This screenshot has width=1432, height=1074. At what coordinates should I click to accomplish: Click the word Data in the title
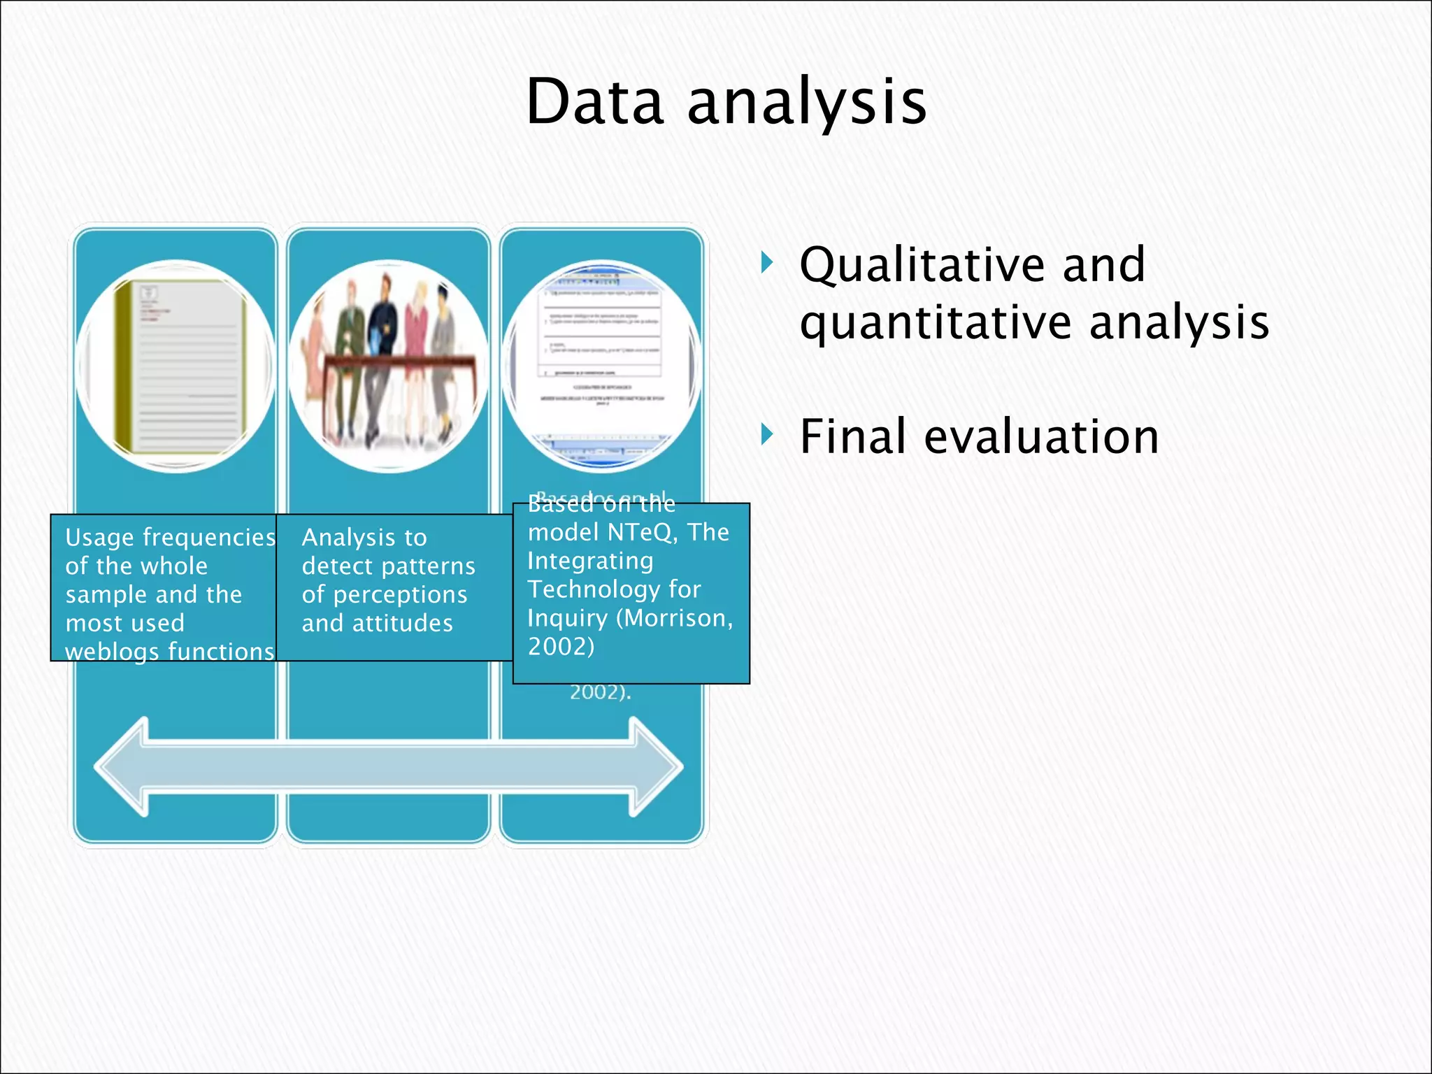click(x=594, y=102)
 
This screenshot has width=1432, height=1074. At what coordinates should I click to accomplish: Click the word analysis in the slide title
click(x=807, y=103)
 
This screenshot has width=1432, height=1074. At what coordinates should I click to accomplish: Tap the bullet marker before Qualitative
click(x=767, y=264)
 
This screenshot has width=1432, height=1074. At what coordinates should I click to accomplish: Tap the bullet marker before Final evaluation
click(x=767, y=435)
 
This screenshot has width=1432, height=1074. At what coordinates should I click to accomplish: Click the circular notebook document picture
click(x=176, y=366)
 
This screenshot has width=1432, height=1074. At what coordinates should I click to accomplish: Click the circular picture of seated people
click(x=388, y=366)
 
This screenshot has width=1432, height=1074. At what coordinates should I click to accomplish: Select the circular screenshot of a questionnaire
click(x=601, y=366)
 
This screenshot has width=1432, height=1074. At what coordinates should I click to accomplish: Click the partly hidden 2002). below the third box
click(x=600, y=692)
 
